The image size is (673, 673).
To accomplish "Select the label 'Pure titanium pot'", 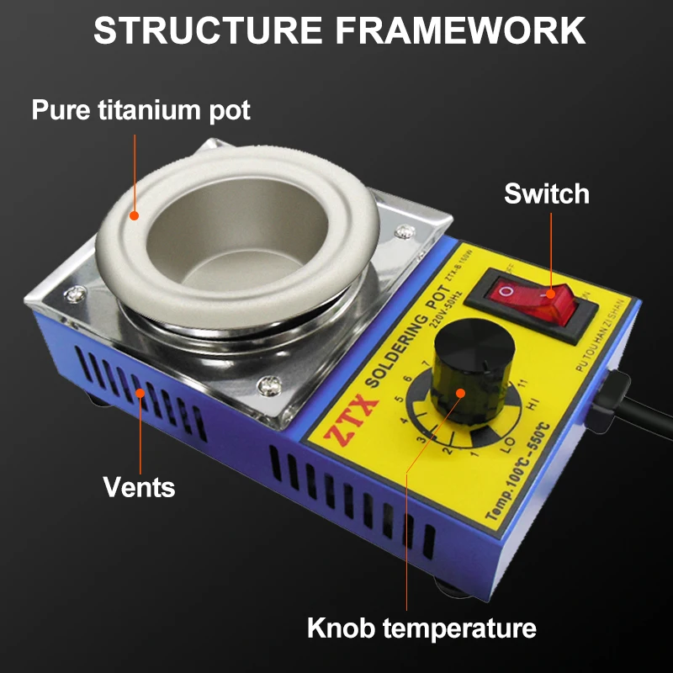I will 141,110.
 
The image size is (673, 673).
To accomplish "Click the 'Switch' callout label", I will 547,193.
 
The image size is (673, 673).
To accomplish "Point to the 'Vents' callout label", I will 139,485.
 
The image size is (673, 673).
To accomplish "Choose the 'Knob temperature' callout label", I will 421,628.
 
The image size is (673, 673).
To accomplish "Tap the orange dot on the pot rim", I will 133,215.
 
